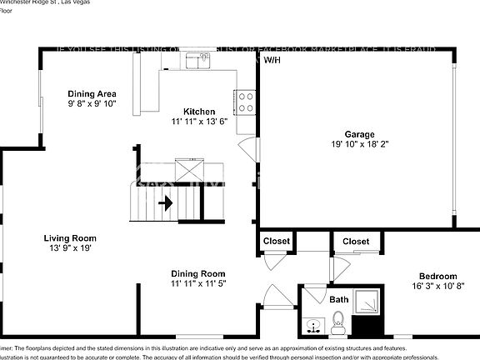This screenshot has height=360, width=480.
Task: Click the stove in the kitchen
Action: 247,102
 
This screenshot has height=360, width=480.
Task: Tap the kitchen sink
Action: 197,60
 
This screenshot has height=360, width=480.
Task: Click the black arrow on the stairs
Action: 166,202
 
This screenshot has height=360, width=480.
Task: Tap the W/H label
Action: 272,61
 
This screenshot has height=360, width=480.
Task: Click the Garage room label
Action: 360,133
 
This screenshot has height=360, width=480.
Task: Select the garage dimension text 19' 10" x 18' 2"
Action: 360,144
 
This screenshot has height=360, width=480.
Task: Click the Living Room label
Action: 70,238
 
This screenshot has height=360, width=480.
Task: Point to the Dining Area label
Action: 92,93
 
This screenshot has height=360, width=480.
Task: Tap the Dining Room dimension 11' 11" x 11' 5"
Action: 197,284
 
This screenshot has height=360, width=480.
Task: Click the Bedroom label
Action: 437,276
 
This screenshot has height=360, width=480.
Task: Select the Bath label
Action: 339,299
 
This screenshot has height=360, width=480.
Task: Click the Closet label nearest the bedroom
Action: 356,242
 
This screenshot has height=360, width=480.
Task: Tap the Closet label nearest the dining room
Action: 277,242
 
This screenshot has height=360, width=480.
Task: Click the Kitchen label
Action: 200,111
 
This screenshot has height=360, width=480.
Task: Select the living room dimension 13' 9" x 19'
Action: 70,248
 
